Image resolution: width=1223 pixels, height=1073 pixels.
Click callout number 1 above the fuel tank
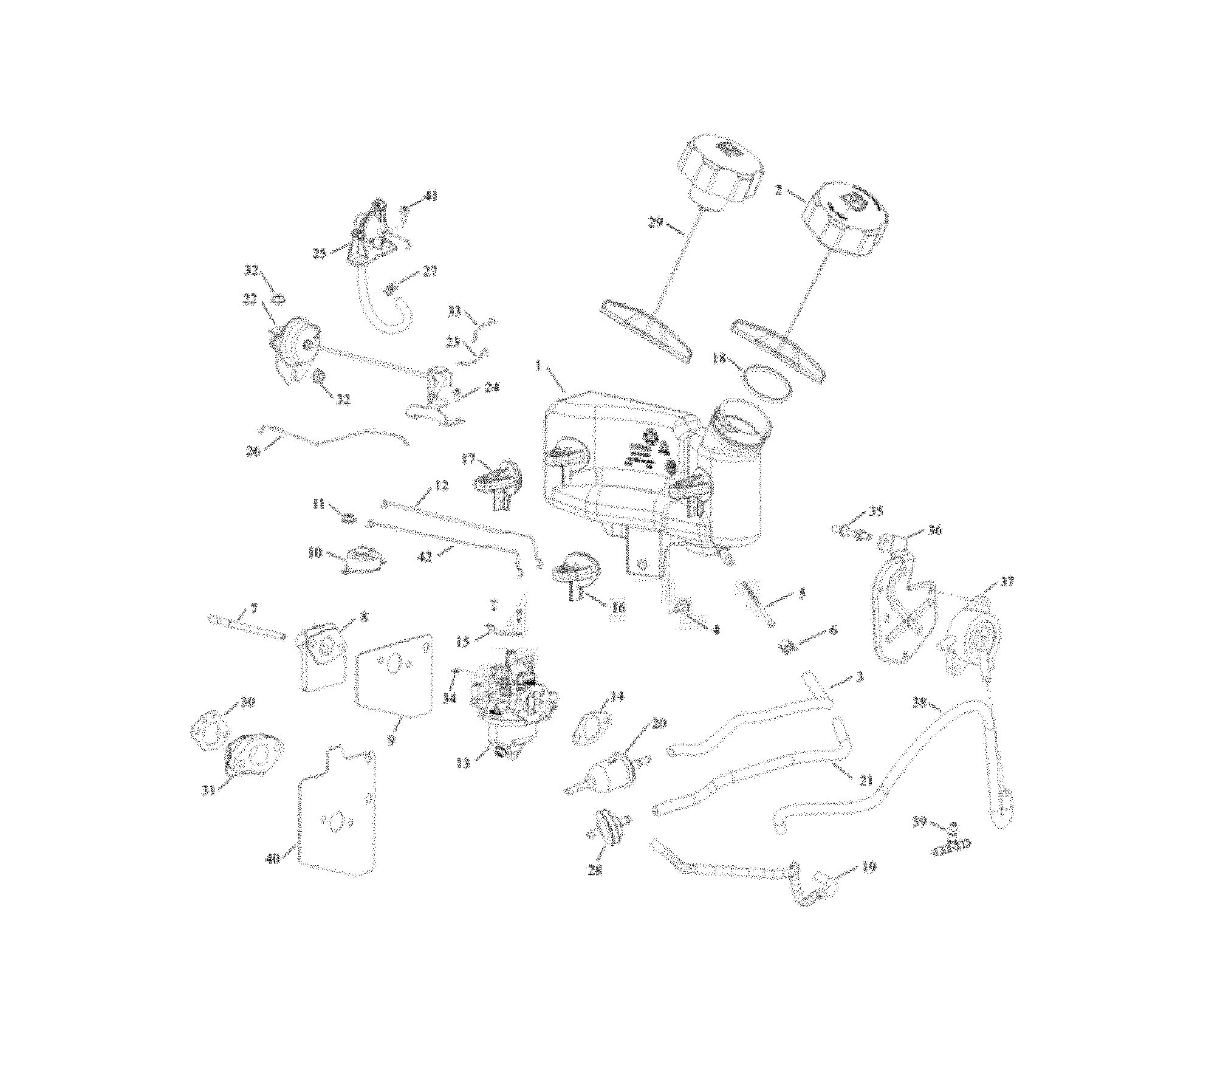click(x=538, y=366)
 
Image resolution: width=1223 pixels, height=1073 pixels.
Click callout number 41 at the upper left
click(x=431, y=196)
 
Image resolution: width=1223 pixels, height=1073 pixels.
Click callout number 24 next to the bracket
click(x=492, y=386)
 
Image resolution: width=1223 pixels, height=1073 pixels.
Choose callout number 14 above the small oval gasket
click(x=617, y=696)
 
